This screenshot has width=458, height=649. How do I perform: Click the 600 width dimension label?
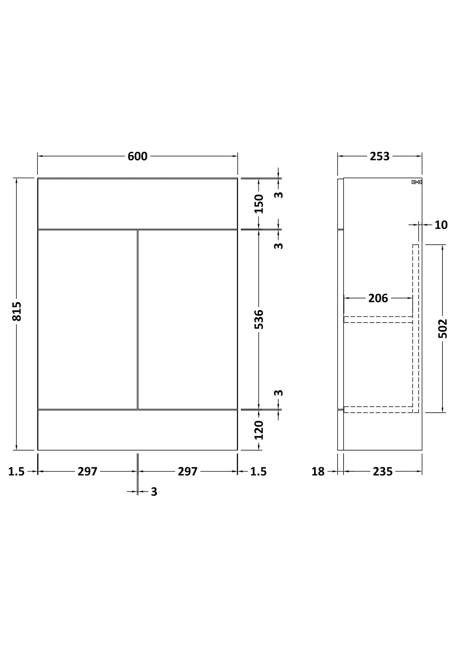click(137, 156)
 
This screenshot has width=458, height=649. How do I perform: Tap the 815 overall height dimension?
click(17, 311)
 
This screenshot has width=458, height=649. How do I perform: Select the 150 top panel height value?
click(259, 204)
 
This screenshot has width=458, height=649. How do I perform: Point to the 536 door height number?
click(259, 319)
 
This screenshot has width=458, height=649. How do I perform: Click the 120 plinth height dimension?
click(259, 430)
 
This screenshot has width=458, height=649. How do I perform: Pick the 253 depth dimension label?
click(380, 156)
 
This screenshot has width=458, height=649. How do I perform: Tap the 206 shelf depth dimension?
click(378, 298)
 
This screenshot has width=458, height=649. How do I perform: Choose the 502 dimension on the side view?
click(443, 328)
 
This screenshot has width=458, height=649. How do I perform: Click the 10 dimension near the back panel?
click(441, 225)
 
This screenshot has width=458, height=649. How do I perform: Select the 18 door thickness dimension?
click(318, 472)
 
